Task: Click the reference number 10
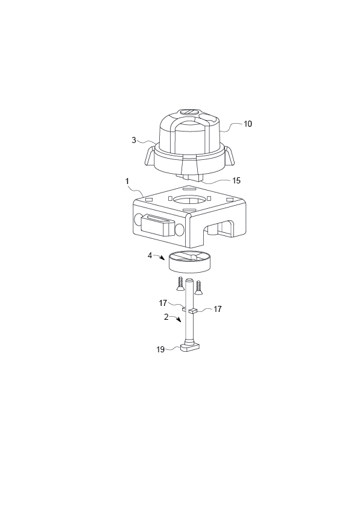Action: coord(248,124)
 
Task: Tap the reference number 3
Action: coord(134,141)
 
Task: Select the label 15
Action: coord(236,180)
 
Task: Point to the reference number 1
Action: coord(127,181)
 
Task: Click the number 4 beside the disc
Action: coord(150,255)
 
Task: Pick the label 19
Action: coord(160,349)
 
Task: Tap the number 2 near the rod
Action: coord(166,317)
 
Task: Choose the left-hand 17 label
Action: coord(163,303)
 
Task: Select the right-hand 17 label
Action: coord(218,309)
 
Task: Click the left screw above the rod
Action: coord(180,284)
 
